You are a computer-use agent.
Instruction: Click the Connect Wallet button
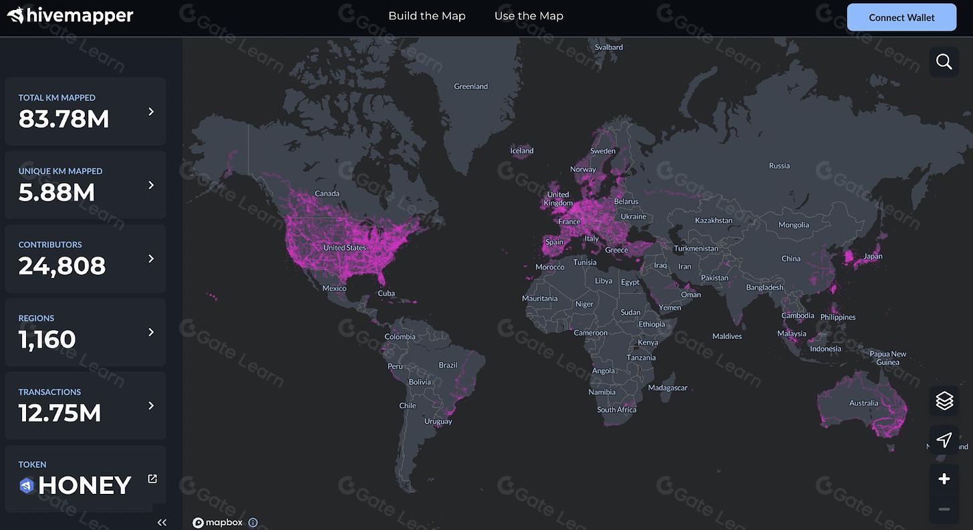click(x=901, y=17)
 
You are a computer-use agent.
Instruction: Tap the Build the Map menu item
click(x=427, y=16)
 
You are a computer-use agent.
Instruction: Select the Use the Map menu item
click(x=529, y=16)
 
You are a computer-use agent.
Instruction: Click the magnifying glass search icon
click(x=944, y=62)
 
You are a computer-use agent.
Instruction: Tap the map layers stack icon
click(x=944, y=400)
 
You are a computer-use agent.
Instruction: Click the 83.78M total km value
click(x=63, y=119)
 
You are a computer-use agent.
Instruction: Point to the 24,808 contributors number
click(x=62, y=266)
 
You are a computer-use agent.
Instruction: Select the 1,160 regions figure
click(x=47, y=340)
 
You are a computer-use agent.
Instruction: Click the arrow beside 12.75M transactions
click(x=151, y=406)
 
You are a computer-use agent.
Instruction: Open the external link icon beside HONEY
click(x=152, y=479)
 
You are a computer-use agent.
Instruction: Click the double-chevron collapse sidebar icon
click(x=162, y=523)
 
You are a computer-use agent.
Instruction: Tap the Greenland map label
click(x=470, y=86)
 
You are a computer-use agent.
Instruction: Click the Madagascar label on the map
click(x=668, y=388)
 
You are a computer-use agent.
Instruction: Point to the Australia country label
click(x=863, y=403)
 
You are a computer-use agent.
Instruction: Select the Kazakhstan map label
click(x=713, y=221)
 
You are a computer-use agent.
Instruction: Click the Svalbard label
click(x=609, y=47)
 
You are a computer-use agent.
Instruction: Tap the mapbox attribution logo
click(x=218, y=523)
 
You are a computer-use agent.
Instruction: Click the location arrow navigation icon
click(x=944, y=440)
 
